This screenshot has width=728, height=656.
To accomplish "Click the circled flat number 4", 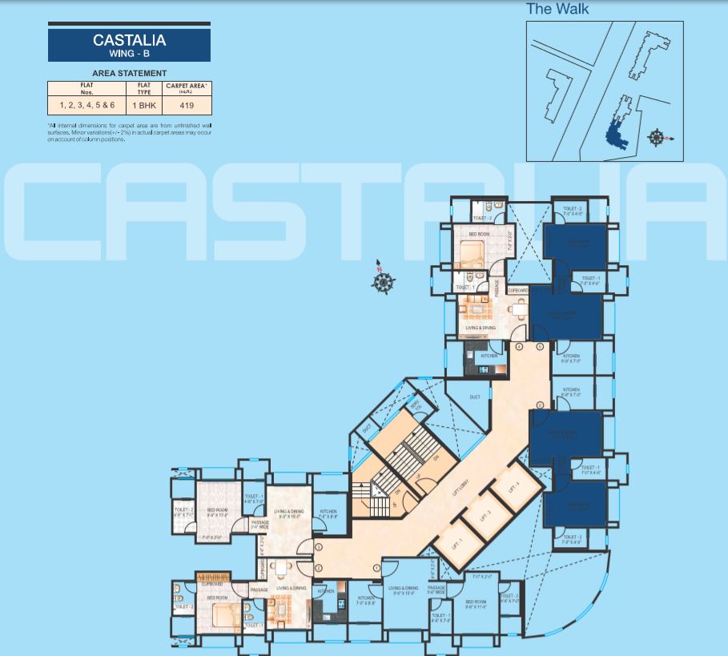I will tap(519, 347).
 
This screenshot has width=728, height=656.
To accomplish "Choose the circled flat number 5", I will tap(540, 347).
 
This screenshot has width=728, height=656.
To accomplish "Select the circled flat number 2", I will tap(318, 568).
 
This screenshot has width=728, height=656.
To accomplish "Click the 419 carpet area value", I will tap(187, 105).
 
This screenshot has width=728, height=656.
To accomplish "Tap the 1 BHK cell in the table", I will tap(143, 105).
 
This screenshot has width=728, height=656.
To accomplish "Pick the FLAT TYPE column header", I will tap(143, 88).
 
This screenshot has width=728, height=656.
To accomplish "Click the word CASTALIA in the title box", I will tap(129, 39).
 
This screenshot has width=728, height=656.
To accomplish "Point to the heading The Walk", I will tap(557, 9).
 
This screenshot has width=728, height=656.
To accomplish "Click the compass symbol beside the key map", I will tap(657, 138).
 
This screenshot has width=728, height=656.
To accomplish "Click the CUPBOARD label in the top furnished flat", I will tap(517, 290).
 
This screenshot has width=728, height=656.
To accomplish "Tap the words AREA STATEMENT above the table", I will tap(129, 73).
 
